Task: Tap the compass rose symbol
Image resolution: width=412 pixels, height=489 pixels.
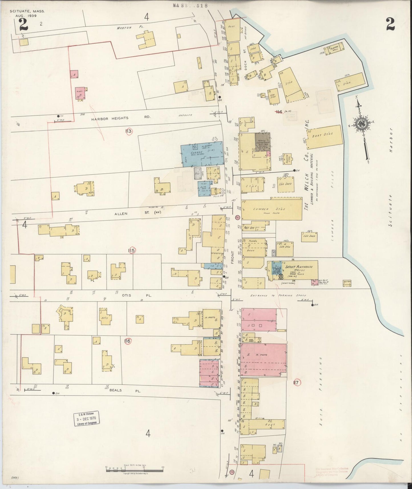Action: click(x=361, y=124)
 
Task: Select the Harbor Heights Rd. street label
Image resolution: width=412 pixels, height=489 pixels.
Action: click(x=110, y=118)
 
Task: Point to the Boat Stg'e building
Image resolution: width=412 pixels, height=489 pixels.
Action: click(x=324, y=137)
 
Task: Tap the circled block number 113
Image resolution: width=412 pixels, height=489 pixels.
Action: click(x=129, y=131)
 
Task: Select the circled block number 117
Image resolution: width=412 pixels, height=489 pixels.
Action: click(x=296, y=383)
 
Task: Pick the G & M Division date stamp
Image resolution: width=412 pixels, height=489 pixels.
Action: click(x=87, y=419)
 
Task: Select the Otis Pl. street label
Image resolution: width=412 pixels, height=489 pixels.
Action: click(x=131, y=295)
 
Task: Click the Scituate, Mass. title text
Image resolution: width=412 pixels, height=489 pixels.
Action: click(x=27, y=11)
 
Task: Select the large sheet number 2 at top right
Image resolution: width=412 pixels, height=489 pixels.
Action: click(x=390, y=25)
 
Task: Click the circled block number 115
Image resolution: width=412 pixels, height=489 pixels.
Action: click(x=132, y=250)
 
